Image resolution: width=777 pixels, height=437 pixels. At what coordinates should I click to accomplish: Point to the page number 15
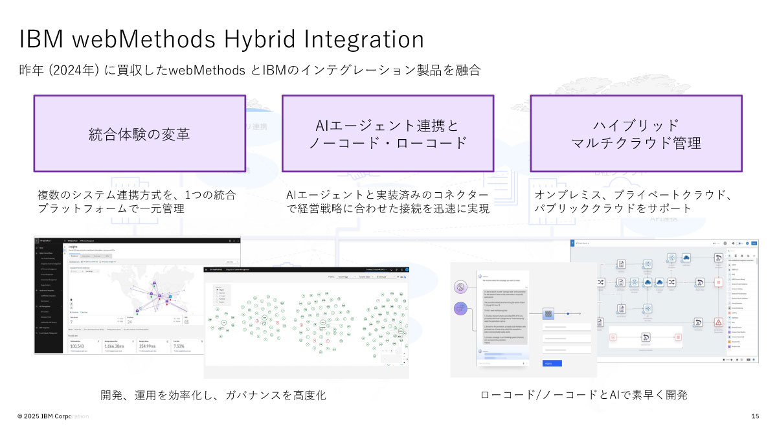[755, 416]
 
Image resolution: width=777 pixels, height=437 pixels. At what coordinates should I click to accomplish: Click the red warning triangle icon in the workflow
[719, 322]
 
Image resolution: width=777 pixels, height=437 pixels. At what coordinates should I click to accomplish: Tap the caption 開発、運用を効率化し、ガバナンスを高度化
[213, 395]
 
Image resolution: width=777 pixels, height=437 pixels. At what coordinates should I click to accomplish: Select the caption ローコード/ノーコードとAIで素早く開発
[583, 395]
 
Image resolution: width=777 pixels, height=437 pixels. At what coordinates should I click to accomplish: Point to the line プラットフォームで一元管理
[111, 209]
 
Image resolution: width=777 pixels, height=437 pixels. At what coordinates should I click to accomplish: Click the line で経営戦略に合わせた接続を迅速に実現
[387, 209]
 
